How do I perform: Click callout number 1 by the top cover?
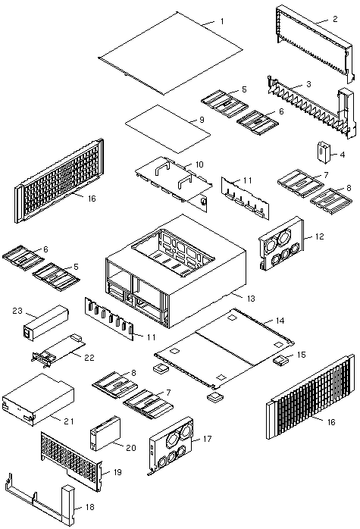click(x=222, y=21)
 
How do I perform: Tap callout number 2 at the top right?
click(x=335, y=19)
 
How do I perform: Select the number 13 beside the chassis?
click(x=251, y=299)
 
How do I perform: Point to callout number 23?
click(x=17, y=311)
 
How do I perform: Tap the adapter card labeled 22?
click(x=58, y=349)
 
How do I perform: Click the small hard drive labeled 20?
click(x=105, y=434)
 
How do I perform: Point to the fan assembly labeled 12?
click(x=281, y=243)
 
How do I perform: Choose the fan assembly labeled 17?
click(x=171, y=446)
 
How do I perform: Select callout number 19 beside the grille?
click(x=117, y=472)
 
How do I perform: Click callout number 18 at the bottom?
click(x=89, y=507)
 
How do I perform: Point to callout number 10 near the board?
click(x=199, y=164)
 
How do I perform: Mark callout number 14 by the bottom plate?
click(x=280, y=321)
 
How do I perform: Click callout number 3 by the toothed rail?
click(x=308, y=84)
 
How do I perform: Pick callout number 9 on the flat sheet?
click(x=202, y=120)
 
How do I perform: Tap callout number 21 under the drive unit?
click(x=68, y=421)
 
